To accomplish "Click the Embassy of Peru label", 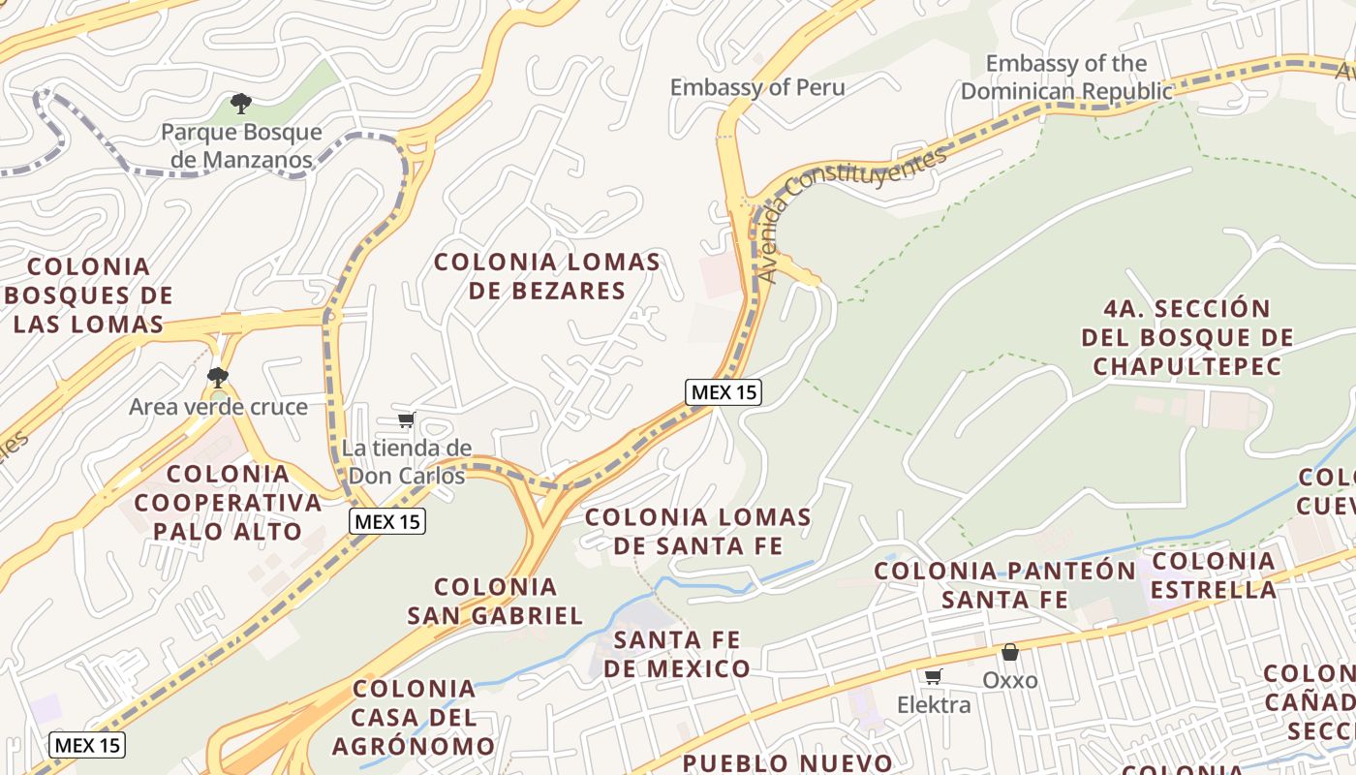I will click(x=757, y=87).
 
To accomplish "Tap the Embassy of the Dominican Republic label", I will click(x=1065, y=77).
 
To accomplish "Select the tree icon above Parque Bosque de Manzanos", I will click(x=240, y=103).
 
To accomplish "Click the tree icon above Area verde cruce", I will click(x=218, y=378).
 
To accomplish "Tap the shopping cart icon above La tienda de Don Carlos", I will click(x=407, y=419).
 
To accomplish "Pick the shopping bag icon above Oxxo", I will click(x=1010, y=653).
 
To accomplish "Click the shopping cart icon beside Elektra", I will click(x=933, y=676).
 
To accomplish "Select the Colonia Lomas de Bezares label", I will click(x=547, y=276).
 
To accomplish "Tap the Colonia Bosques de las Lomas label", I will click(x=89, y=294).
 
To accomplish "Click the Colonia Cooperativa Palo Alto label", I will click(x=228, y=502).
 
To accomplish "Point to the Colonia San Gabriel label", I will click(x=495, y=601).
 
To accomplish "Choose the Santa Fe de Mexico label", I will click(x=677, y=654).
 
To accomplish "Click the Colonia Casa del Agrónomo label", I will click(x=415, y=717).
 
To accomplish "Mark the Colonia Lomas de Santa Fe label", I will click(x=698, y=531).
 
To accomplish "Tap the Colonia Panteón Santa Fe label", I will click(x=1005, y=585).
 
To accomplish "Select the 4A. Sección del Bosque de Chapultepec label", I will click(x=1186, y=337).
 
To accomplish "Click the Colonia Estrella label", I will click(x=1214, y=574).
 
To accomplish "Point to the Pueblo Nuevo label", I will click(x=786, y=762).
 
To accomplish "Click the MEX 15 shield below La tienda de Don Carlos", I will click(x=387, y=521).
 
